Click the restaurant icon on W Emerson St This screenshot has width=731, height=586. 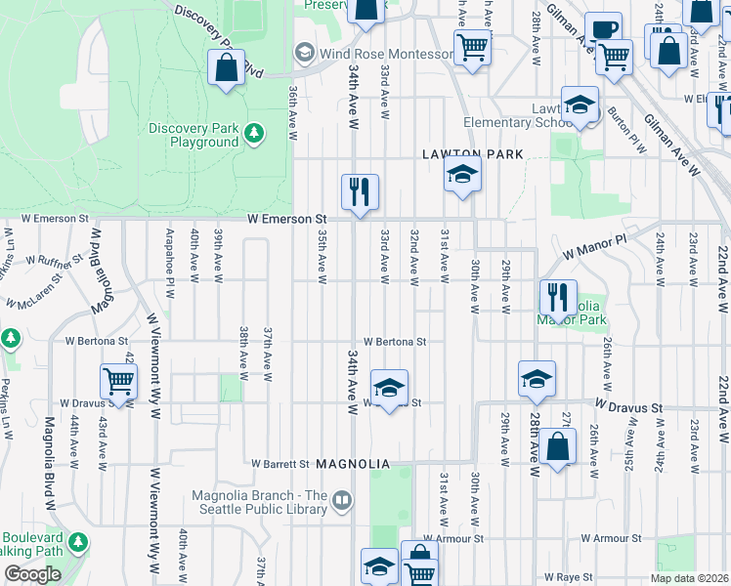360,190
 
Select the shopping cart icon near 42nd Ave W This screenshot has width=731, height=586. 118,381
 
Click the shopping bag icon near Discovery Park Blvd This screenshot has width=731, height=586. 227,69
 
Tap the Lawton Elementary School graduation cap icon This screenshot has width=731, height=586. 580,105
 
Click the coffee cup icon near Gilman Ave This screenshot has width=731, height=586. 603,28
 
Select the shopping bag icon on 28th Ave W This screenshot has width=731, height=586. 557,448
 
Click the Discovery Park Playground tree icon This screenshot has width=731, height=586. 253,131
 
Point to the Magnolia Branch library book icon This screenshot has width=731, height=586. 342,501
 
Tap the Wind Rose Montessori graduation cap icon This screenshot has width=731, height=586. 304,53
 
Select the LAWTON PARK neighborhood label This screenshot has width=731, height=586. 473,154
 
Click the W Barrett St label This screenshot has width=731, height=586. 279,464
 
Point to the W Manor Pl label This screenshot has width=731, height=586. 593,243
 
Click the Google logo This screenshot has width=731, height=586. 32,574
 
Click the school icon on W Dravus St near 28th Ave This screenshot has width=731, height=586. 537,379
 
